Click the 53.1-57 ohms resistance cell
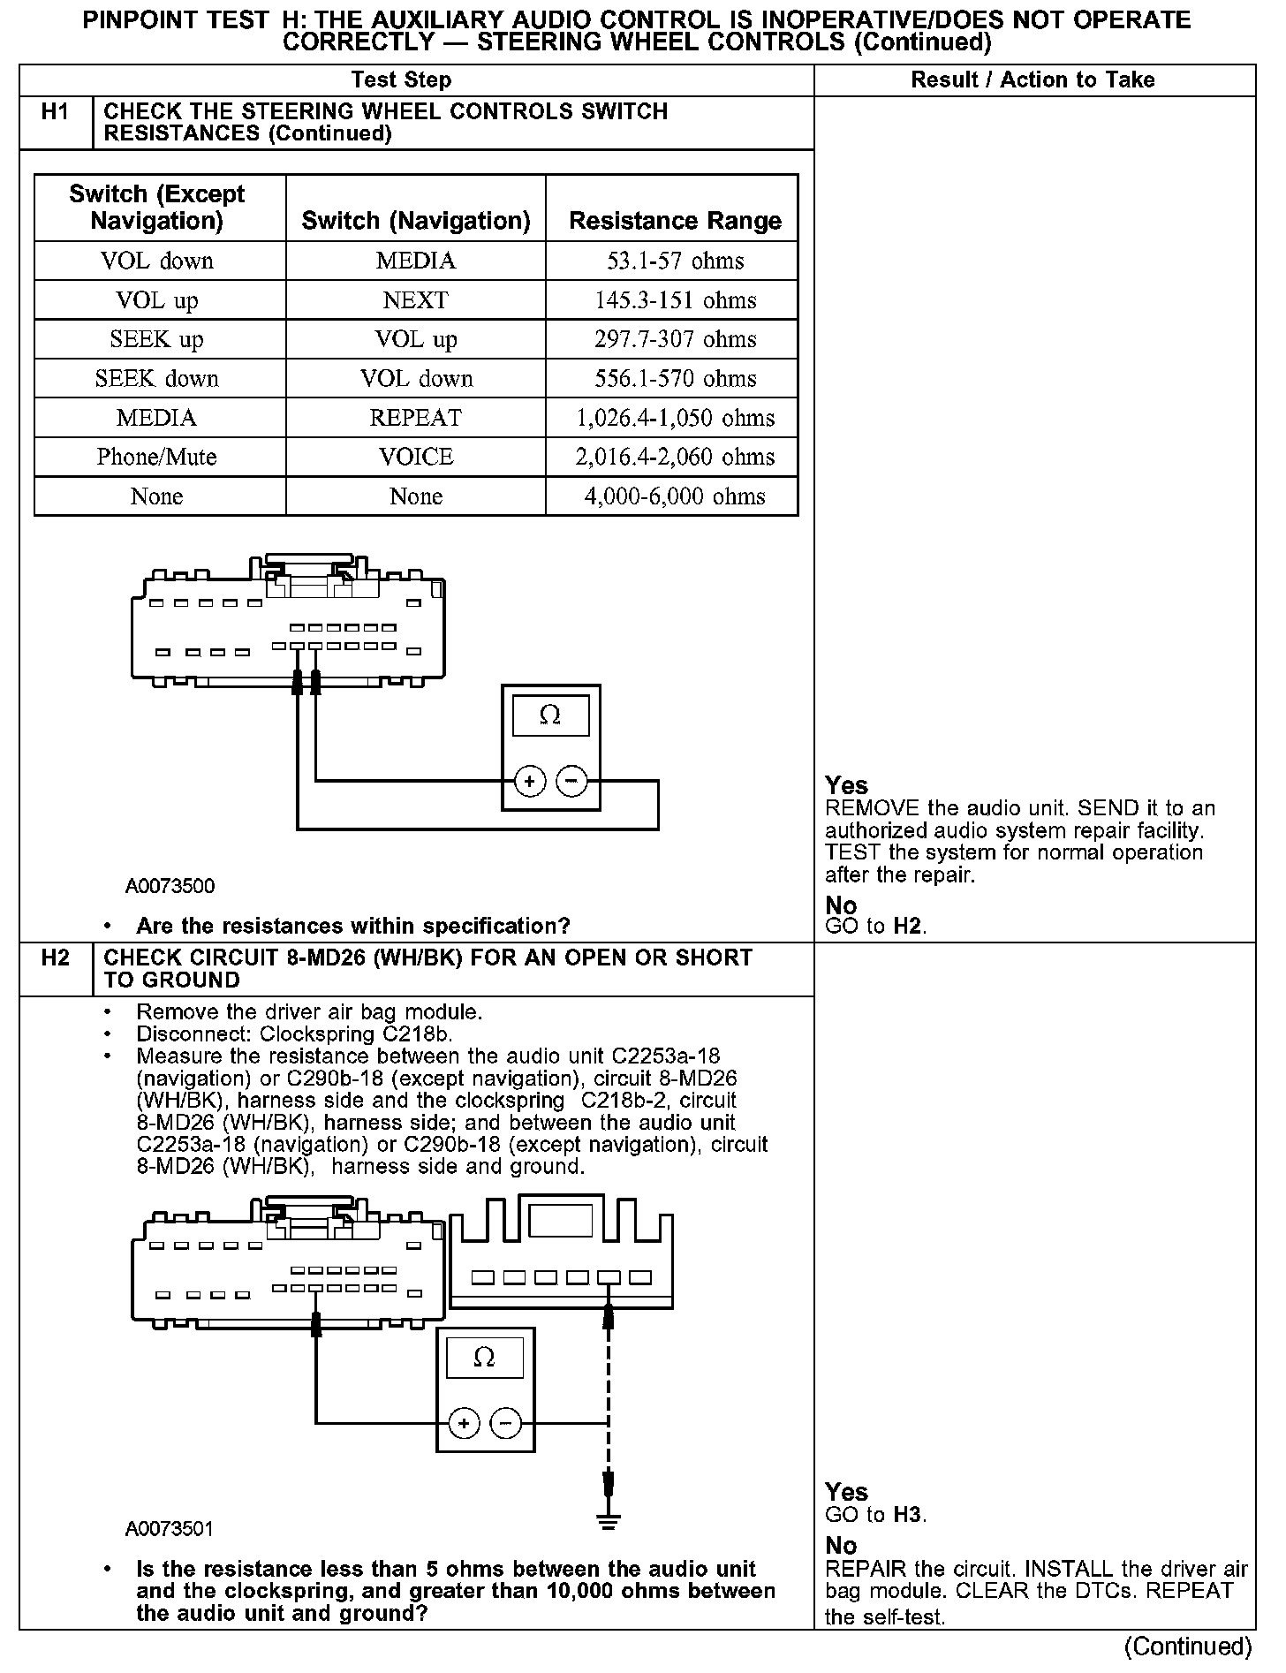click(675, 261)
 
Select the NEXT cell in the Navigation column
click(415, 300)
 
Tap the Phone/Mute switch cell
click(157, 457)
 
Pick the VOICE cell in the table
click(415, 457)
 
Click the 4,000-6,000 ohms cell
click(675, 496)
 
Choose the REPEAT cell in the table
click(415, 418)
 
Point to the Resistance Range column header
click(675, 220)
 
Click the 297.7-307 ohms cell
click(675, 339)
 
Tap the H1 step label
click(55, 112)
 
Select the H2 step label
click(55, 958)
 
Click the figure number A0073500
click(170, 886)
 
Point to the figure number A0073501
click(170, 1529)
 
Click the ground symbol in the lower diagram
click(608, 1521)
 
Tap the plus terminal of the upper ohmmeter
click(529, 782)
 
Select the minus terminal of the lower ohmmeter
click(506, 1423)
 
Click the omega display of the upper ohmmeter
click(549, 715)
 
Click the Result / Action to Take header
click(1033, 80)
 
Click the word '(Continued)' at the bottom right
click(1187, 1647)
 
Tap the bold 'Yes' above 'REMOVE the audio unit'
click(846, 785)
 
